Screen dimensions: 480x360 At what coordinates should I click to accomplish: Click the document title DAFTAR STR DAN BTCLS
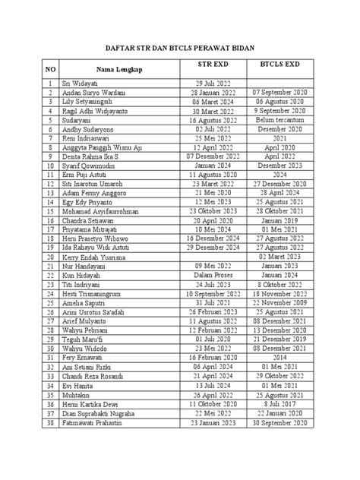tap(180, 46)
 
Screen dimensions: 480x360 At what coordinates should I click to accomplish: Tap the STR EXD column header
tap(209, 66)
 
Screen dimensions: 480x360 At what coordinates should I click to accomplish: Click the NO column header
tap(50, 69)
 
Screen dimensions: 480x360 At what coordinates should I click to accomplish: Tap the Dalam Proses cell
tap(209, 276)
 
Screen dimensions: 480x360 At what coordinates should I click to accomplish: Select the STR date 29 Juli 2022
tap(209, 83)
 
